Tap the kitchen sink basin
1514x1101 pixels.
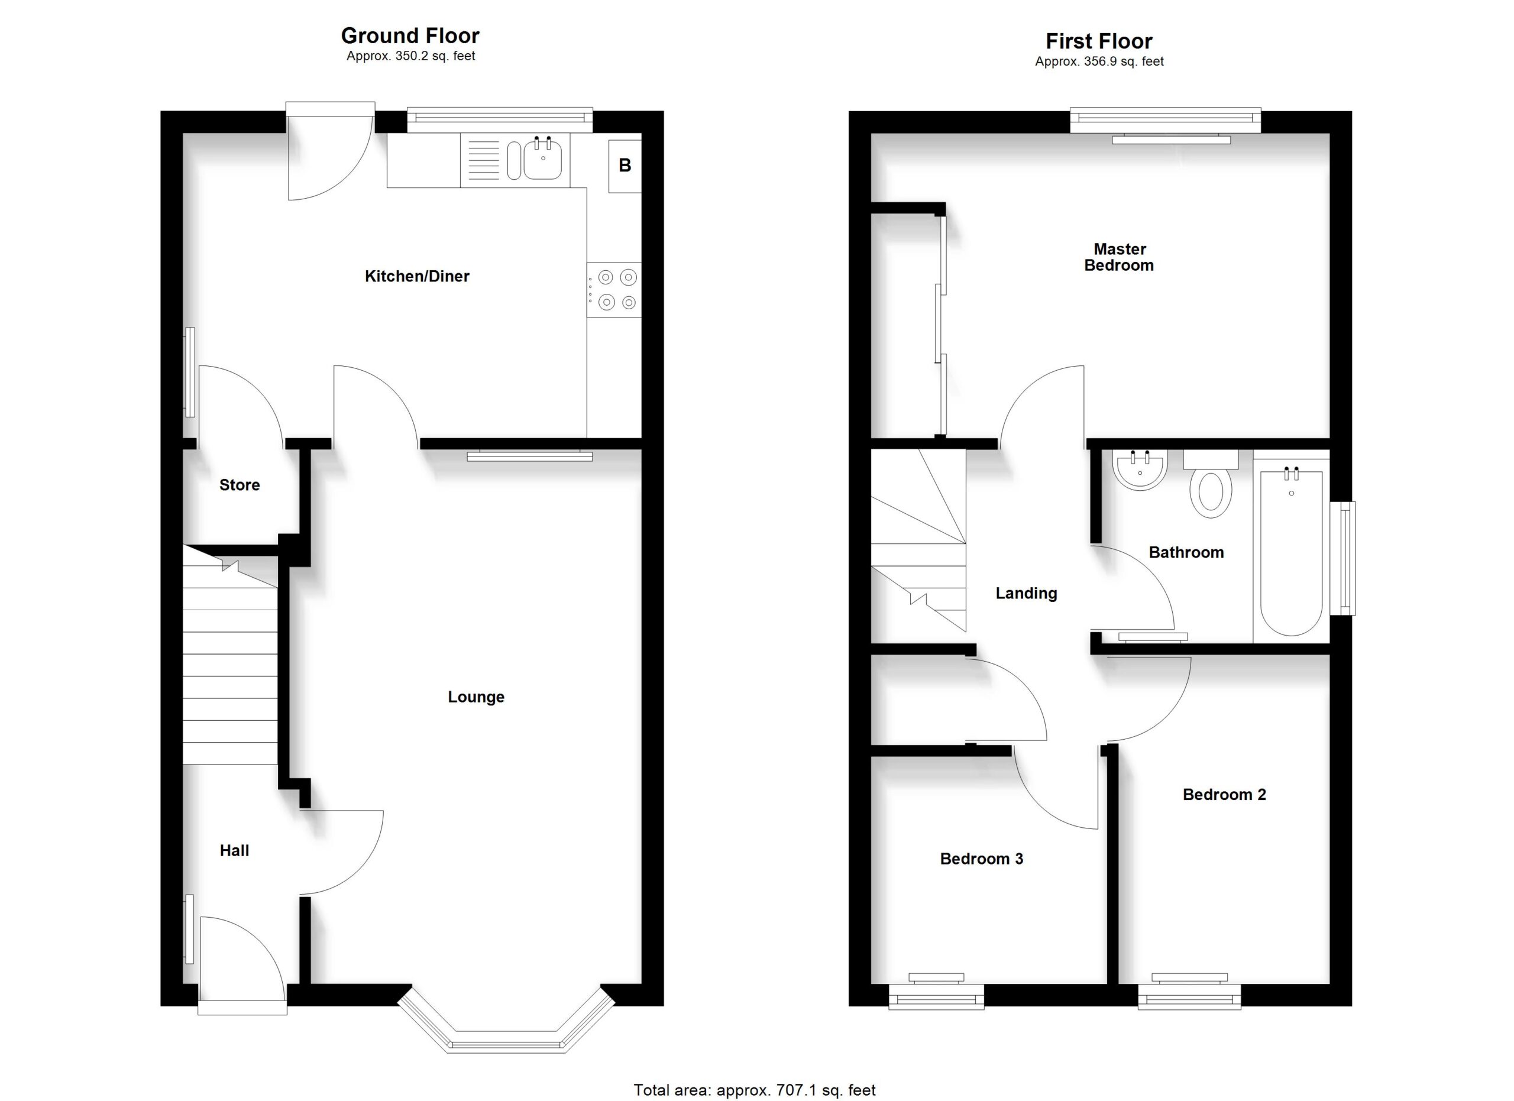[542, 160]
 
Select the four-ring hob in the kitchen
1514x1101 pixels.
[614, 290]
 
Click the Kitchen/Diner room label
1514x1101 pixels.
[416, 276]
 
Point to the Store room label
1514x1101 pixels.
[239, 485]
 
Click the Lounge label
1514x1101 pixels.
[476, 697]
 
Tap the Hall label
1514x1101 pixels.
[234, 851]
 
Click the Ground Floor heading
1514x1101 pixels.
[410, 35]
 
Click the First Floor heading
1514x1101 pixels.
[1099, 41]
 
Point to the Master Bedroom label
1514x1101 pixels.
[1120, 258]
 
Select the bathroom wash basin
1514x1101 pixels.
[1140, 469]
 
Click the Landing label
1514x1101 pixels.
[1026, 593]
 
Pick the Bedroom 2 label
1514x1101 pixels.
[1224, 795]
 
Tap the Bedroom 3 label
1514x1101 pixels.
[981, 859]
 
